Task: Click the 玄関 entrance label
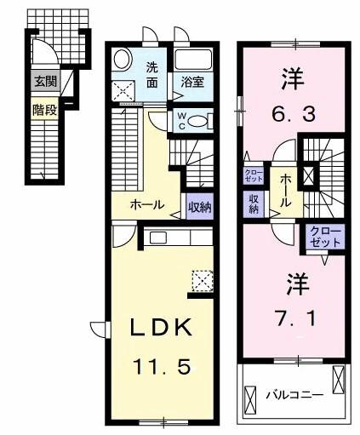(45, 83)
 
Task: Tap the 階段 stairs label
(45, 109)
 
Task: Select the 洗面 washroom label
(151, 75)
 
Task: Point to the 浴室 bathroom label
(191, 83)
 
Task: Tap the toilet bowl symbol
(198, 121)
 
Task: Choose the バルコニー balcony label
(294, 395)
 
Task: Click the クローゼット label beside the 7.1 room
(324, 237)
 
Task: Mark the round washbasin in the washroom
(122, 60)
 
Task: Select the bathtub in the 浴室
(194, 62)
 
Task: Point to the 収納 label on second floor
(254, 203)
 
